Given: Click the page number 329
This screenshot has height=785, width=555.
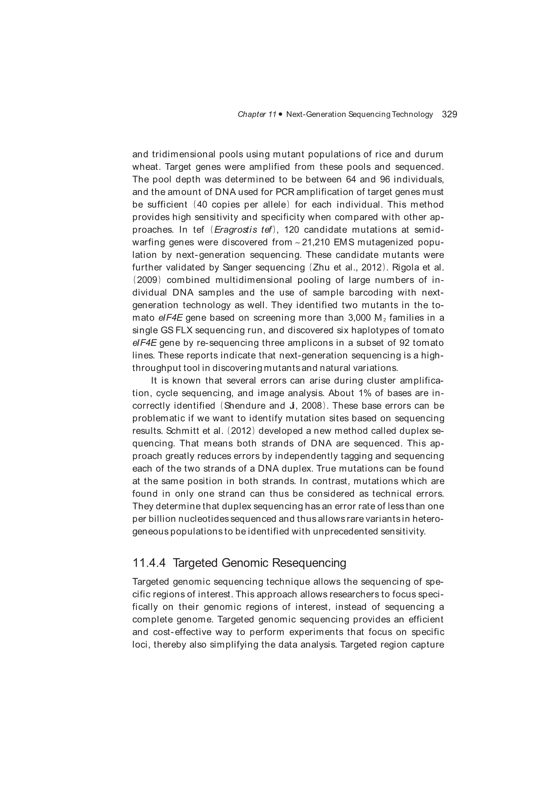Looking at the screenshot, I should pyautogui.click(x=449, y=114).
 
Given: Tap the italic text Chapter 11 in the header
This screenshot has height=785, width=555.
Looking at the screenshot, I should pyautogui.click(x=257, y=114).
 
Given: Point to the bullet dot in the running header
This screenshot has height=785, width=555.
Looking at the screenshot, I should pyautogui.click(x=280, y=114).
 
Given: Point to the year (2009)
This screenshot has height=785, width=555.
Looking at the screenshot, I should pyautogui.click(x=147, y=280).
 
